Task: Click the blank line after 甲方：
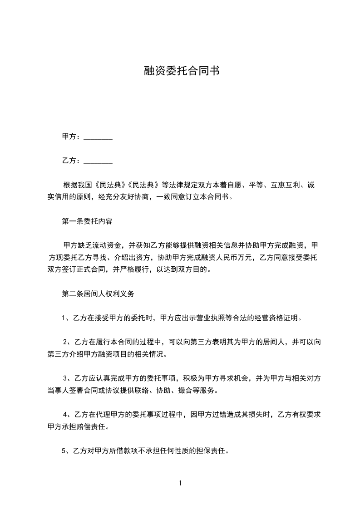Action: point(98,137)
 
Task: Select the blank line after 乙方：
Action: point(98,161)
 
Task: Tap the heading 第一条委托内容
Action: point(87,222)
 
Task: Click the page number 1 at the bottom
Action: point(180,483)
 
